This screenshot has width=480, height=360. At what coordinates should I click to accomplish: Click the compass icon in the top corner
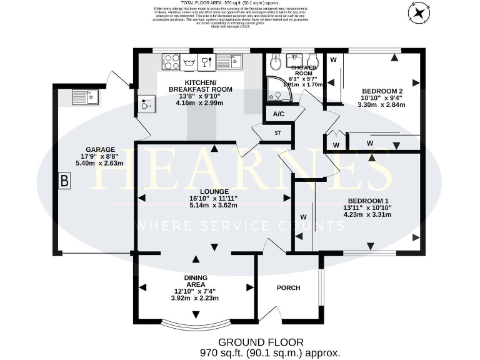[418, 12]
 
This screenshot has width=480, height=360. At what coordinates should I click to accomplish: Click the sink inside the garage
[84, 97]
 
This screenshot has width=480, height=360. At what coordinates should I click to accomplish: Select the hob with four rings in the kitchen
[171, 61]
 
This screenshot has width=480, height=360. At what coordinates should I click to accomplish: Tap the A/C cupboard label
[278, 114]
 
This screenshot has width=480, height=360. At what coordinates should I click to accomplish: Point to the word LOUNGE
[214, 191]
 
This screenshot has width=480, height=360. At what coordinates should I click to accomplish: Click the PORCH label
[288, 288]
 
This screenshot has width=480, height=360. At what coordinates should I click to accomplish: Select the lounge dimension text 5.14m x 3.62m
[214, 206]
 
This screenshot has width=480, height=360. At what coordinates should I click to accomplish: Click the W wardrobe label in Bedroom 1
[304, 217]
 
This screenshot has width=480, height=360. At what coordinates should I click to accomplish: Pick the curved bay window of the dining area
[196, 324]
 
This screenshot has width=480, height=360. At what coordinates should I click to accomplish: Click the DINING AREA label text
[196, 280]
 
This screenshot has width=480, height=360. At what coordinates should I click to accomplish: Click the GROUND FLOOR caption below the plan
[261, 342]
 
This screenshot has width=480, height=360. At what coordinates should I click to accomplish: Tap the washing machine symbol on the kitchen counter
[188, 61]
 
